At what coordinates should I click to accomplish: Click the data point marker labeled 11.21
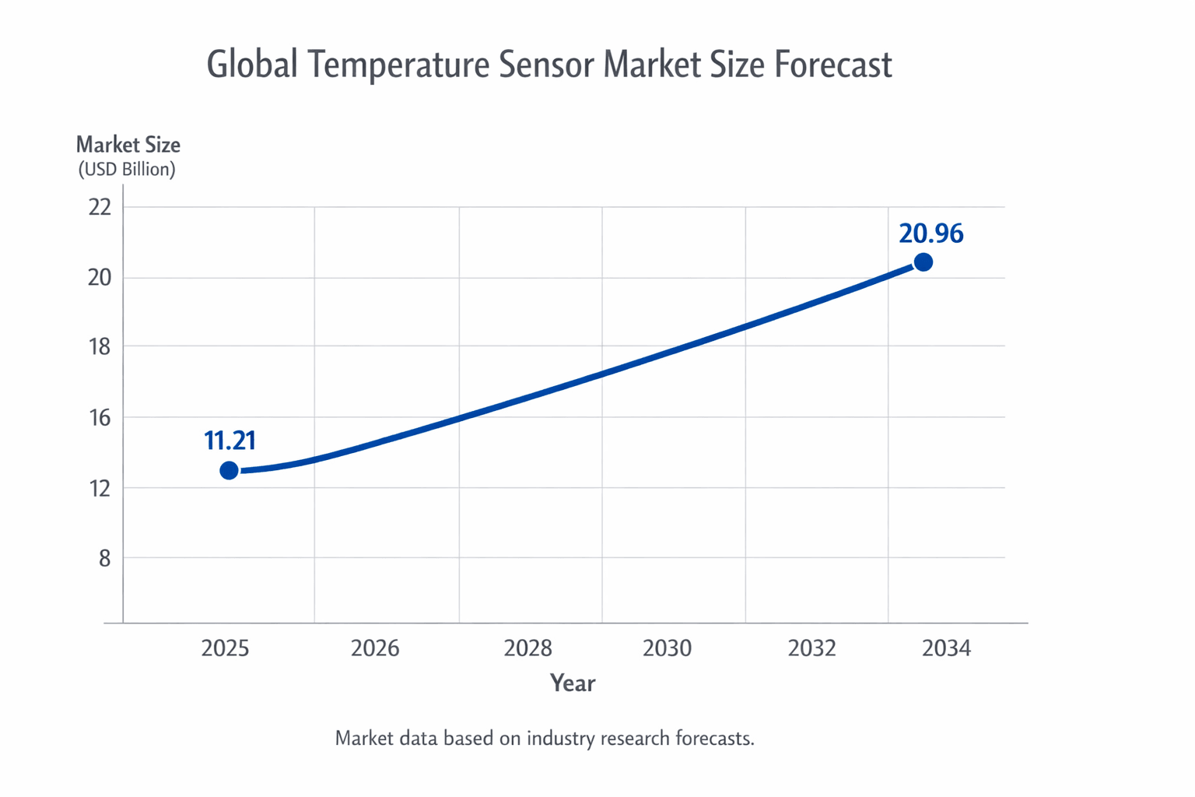229,470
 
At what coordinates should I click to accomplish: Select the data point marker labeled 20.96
923,262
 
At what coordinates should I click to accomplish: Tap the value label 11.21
230,441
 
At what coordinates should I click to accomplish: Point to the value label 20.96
930,233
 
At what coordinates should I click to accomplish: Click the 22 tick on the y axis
100,207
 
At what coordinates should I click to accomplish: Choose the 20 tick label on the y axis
100,278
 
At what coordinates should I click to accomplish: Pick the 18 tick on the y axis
100,346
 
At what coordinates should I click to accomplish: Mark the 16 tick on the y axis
100,418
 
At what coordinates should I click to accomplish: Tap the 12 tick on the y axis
100,489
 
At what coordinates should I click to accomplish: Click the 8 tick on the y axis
104,559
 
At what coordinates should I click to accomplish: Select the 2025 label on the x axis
225,648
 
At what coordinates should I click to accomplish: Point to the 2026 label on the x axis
374,648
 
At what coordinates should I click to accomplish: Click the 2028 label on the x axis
527,648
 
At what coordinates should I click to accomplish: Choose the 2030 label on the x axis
667,648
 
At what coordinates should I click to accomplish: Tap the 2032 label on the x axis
811,648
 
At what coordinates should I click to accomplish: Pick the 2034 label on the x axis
946,648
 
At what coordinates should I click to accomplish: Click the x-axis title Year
573,683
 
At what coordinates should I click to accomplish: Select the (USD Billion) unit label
127,170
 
